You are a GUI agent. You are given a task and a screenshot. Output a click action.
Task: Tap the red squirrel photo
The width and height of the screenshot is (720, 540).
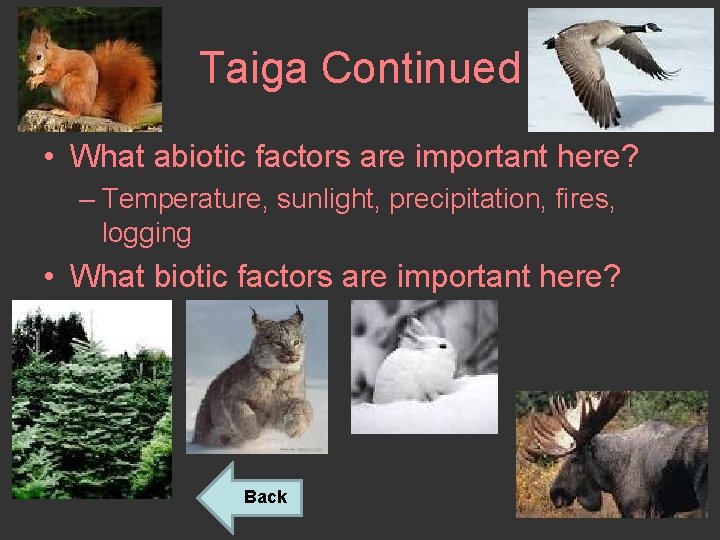pyautogui.click(x=89, y=69)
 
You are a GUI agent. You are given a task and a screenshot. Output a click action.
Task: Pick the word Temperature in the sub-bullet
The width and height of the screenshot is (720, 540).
pyautogui.click(x=184, y=199)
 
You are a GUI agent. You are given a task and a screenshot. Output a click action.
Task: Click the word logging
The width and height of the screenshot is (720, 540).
pyautogui.click(x=146, y=233)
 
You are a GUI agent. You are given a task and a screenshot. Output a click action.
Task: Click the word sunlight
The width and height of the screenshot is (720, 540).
pyautogui.click(x=328, y=199)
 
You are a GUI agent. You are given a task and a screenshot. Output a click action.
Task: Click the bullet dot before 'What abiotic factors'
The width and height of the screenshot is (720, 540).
pyautogui.click(x=49, y=157)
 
